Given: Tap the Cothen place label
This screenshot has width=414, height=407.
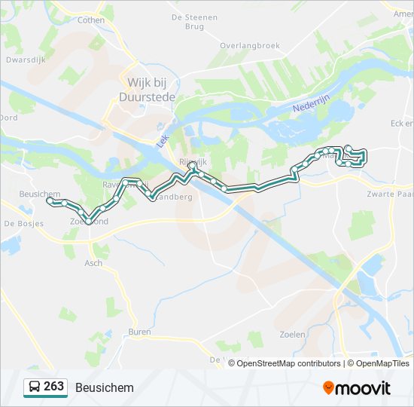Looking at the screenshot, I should (91, 20).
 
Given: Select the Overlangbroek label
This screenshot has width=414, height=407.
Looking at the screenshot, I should (249, 45).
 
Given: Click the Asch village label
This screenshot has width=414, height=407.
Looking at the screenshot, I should (93, 263).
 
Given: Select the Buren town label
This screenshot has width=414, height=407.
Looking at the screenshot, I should (139, 332).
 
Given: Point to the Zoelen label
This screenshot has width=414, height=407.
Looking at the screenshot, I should (291, 334).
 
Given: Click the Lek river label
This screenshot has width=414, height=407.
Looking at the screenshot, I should (161, 139).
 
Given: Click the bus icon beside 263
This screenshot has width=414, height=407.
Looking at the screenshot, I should (34, 387).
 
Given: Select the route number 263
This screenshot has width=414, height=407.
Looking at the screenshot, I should (53, 387).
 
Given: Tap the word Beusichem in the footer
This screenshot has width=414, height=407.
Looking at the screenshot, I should (104, 387).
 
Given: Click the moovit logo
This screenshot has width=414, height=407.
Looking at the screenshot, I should (357, 387).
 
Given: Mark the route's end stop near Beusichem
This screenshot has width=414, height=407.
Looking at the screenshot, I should (50, 201).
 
